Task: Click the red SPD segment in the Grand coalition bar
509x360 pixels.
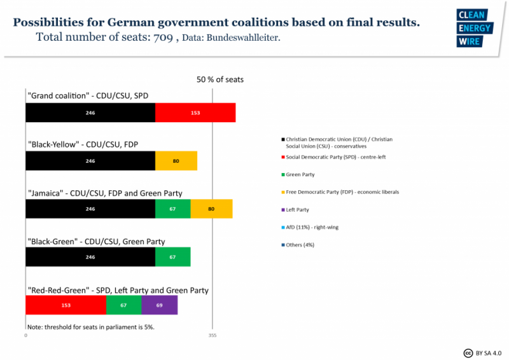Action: [x=195, y=113]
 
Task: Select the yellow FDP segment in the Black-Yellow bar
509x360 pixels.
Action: [x=176, y=161]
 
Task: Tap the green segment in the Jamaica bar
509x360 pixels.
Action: [x=172, y=209]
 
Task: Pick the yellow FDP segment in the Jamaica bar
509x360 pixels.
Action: [x=211, y=209]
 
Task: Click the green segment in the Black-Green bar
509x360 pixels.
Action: [x=172, y=257]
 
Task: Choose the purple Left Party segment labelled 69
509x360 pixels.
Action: [x=159, y=305]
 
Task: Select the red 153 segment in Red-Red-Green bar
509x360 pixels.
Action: [x=66, y=305]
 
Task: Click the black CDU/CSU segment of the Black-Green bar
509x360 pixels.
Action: [x=90, y=257]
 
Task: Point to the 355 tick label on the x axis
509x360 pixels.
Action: [x=212, y=335]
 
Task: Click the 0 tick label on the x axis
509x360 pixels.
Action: [x=26, y=335]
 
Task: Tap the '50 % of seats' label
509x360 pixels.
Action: [x=220, y=80]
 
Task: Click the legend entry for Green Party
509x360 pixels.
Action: [x=300, y=174]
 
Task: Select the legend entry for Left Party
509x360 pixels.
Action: [x=297, y=209]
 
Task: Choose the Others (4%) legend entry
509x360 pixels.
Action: [x=300, y=245]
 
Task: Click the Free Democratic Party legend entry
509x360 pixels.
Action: [x=342, y=192]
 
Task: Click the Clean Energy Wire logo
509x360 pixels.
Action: [x=474, y=29]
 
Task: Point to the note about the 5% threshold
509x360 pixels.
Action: [x=90, y=326]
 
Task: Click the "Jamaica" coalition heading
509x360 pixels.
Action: [x=104, y=193]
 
